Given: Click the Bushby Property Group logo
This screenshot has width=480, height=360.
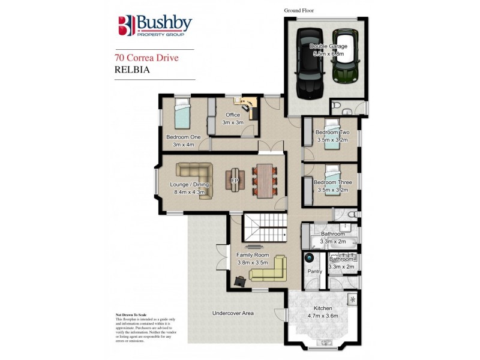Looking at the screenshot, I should (x=155, y=26).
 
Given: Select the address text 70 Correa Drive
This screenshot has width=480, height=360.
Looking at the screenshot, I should (x=146, y=59).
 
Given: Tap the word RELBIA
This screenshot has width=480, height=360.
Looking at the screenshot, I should (x=131, y=69).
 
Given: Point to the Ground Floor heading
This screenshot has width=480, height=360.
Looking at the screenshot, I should (x=299, y=11).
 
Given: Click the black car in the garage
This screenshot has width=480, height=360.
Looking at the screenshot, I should (x=308, y=65).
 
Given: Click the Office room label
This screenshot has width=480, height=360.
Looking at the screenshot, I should (x=232, y=115).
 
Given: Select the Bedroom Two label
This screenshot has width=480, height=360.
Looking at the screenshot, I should (x=332, y=133).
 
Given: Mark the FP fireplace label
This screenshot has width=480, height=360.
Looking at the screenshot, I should (x=235, y=179).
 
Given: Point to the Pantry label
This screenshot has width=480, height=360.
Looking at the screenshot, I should (x=315, y=272).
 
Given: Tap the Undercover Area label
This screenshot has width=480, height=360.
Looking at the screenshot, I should (x=233, y=313).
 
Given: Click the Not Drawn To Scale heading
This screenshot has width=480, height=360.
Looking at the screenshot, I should (x=131, y=314).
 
